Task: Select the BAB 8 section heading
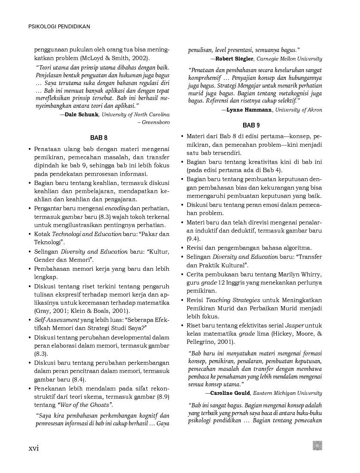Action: tap(99, 138)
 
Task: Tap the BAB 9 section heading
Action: tap(251, 125)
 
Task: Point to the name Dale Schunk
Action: tap(82, 115)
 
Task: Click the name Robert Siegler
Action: tap(235, 59)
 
